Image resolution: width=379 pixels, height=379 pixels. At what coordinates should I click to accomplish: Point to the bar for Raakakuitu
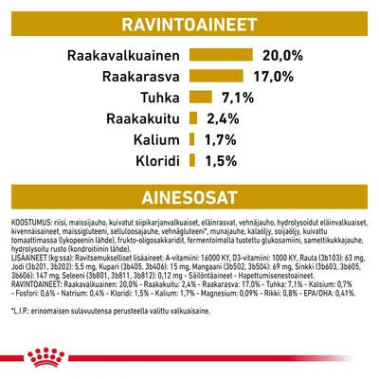192,118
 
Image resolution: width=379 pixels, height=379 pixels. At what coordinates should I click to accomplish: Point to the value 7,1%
237,97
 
